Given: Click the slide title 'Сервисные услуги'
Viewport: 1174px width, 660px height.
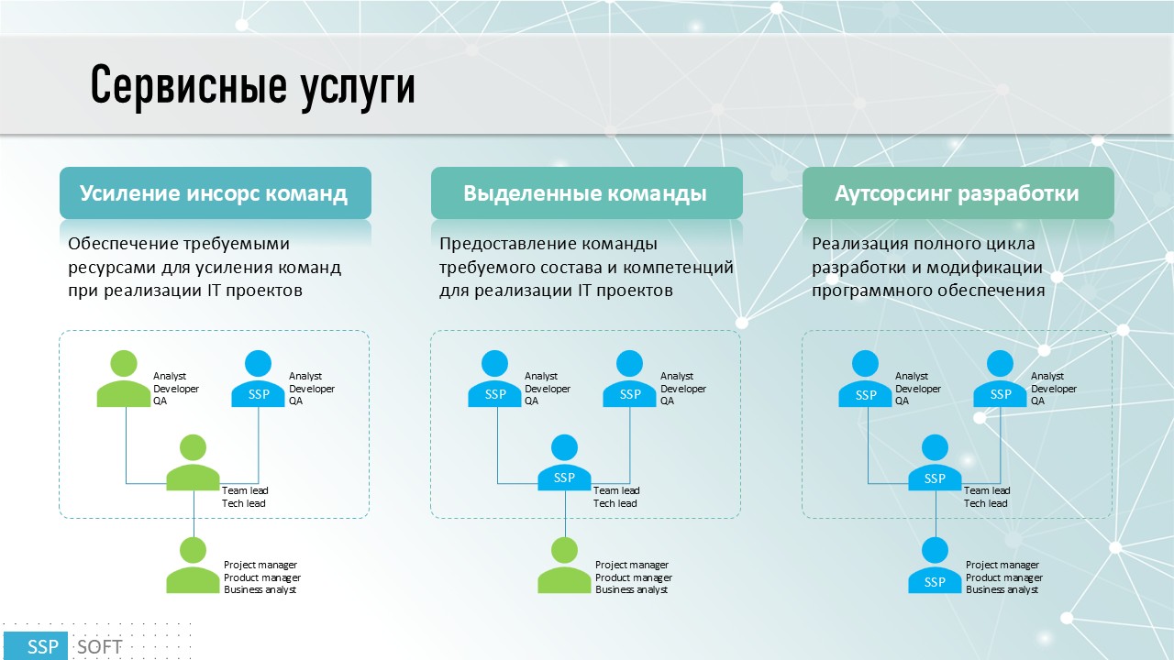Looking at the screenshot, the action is tap(252, 86).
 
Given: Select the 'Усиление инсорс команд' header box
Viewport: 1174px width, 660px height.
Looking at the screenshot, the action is tap(216, 192).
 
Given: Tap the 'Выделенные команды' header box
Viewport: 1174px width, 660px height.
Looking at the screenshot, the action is tap(586, 192).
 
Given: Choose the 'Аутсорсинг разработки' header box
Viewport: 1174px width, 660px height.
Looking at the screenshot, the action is tap(958, 192).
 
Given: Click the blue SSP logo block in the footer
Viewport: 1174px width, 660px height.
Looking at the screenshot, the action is tap(36, 646).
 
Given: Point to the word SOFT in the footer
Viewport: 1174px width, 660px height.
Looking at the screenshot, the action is tap(100, 647).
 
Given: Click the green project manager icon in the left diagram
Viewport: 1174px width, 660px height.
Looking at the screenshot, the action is tap(193, 566).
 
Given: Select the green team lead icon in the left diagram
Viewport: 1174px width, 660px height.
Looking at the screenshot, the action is tap(193, 463).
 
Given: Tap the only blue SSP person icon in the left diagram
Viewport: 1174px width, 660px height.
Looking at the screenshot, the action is tap(259, 379).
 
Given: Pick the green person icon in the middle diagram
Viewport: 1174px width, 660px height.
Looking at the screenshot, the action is tap(564, 566).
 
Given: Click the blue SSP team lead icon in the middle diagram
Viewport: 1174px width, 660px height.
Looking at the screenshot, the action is tap(564, 463).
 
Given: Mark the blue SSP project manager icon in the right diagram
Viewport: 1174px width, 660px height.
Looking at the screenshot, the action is tap(935, 566).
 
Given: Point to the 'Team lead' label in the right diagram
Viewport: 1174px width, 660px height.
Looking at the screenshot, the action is tap(987, 490).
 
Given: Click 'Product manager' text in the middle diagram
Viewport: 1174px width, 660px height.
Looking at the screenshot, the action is tap(634, 577).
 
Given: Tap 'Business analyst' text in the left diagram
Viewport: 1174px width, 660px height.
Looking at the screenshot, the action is tap(260, 589).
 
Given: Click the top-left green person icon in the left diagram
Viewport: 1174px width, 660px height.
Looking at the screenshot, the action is tap(124, 379).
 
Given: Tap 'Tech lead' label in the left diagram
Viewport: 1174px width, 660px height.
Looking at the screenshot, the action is tap(244, 503).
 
